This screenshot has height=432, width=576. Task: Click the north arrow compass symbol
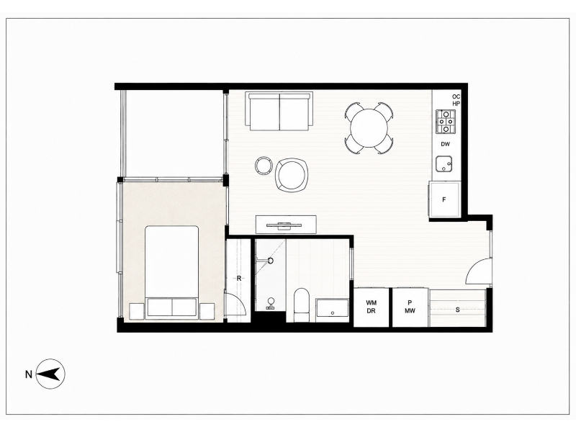(x=50, y=374)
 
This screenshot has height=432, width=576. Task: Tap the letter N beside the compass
(x=28, y=374)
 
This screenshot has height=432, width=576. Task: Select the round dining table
(x=369, y=127)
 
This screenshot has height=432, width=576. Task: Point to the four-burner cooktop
(x=446, y=121)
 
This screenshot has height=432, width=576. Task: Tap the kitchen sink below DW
(x=444, y=164)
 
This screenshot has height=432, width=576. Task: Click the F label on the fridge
(x=444, y=200)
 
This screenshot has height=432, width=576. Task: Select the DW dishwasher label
(x=445, y=145)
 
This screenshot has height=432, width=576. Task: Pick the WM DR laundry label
(x=371, y=307)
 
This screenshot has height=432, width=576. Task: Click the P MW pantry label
(x=410, y=307)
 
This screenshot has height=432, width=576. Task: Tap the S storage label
(x=458, y=310)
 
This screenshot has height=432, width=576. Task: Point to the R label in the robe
(x=239, y=279)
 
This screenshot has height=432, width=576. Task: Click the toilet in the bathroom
(x=302, y=305)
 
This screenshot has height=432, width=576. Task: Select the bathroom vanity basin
(x=332, y=310)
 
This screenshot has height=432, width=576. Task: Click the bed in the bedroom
(x=172, y=272)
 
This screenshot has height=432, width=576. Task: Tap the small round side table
(x=264, y=166)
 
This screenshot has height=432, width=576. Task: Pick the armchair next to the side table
(x=292, y=174)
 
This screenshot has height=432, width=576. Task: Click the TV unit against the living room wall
(x=286, y=224)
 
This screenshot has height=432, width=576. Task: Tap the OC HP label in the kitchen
(x=456, y=100)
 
